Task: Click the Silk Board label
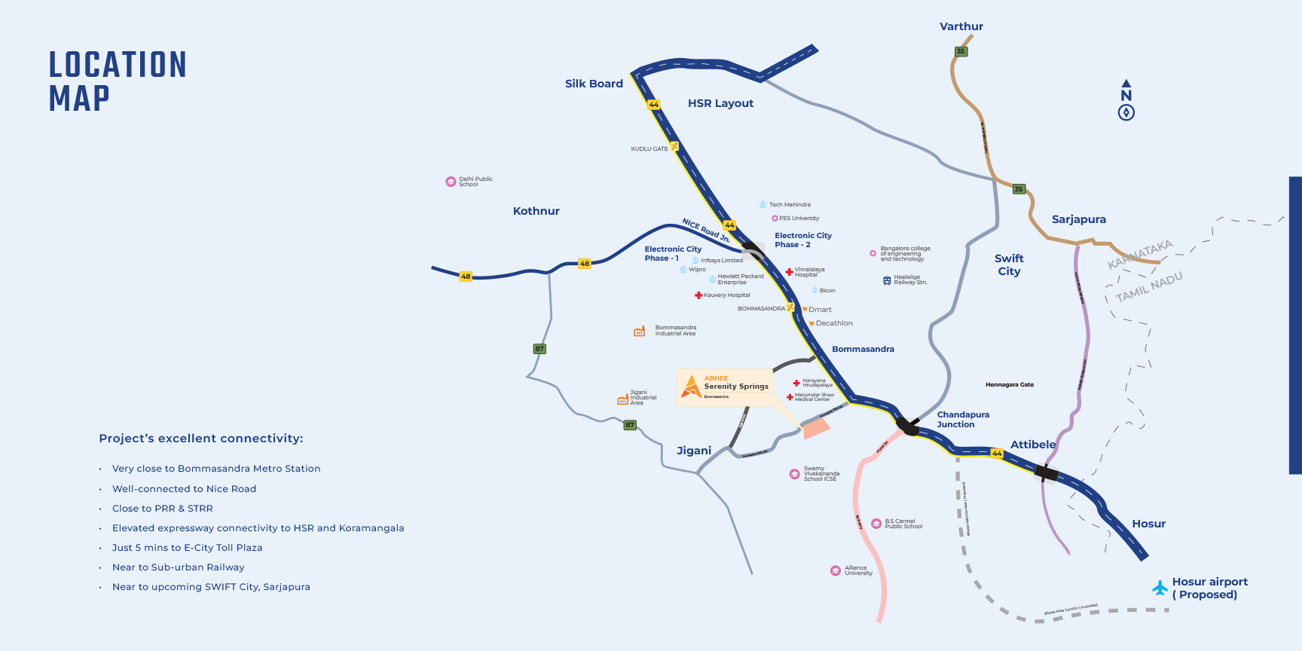pyautogui.click(x=594, y=84)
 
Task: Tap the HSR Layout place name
pyautogui.click(x=720, y=103)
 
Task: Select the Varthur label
pyautogui.click(x=961, y=26)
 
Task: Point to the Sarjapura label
pyautogui.click(x=1078, y=219)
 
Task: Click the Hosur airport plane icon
pyautogui.click(x=1160, y=588)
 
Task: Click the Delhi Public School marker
pyautogui.click(x=451, y=182)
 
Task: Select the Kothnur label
pyautogui.click(x=536, y=211)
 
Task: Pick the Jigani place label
pyautogui.click(x=693, y=451)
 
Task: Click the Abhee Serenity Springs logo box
pyautogui.click(x=725, y=387)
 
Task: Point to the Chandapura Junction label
pyautogui.click(x=963, y=420)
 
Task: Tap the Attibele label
pyautogui.click(x=1032, y=445)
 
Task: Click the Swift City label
pyautogui.click(x=1009, y=264)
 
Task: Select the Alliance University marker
pyautogui.click(x=836, y=570)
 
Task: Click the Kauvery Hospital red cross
pyautogui.click(x=698, y=295)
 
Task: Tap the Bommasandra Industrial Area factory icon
pyautogui.click(x=639, y=331)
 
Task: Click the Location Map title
pyautogui.click(x=117, y=81)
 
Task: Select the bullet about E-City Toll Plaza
pyautogui.click(x=187, y=548)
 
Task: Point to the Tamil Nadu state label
pyautogui.click(x=1148, y=287)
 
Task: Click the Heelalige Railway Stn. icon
pyautogui.click(x=887, y=280)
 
